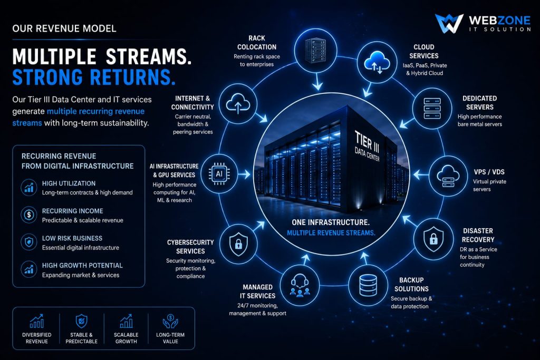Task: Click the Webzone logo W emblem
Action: [449, 23]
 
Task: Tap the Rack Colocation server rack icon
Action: [315, 51]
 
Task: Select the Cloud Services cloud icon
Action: [377, 62]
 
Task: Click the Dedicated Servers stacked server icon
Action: [432, 109]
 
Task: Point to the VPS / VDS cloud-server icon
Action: [448, 176]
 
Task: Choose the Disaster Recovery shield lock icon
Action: [433, 239]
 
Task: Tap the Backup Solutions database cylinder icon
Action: [368, 285]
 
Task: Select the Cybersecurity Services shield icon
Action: [238, 244]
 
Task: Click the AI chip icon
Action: [219, 174]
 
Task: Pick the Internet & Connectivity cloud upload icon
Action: [238, 103]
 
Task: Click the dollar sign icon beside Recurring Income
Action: [29, 215]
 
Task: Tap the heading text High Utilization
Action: [69, 183]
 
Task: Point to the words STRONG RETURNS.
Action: [94, 77]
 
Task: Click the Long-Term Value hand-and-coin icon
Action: [170, 322]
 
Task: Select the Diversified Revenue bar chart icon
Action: [37, 321]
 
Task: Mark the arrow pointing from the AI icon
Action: [244, 174]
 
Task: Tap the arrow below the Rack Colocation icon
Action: [317, 82]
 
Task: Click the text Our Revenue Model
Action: [64, 28]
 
